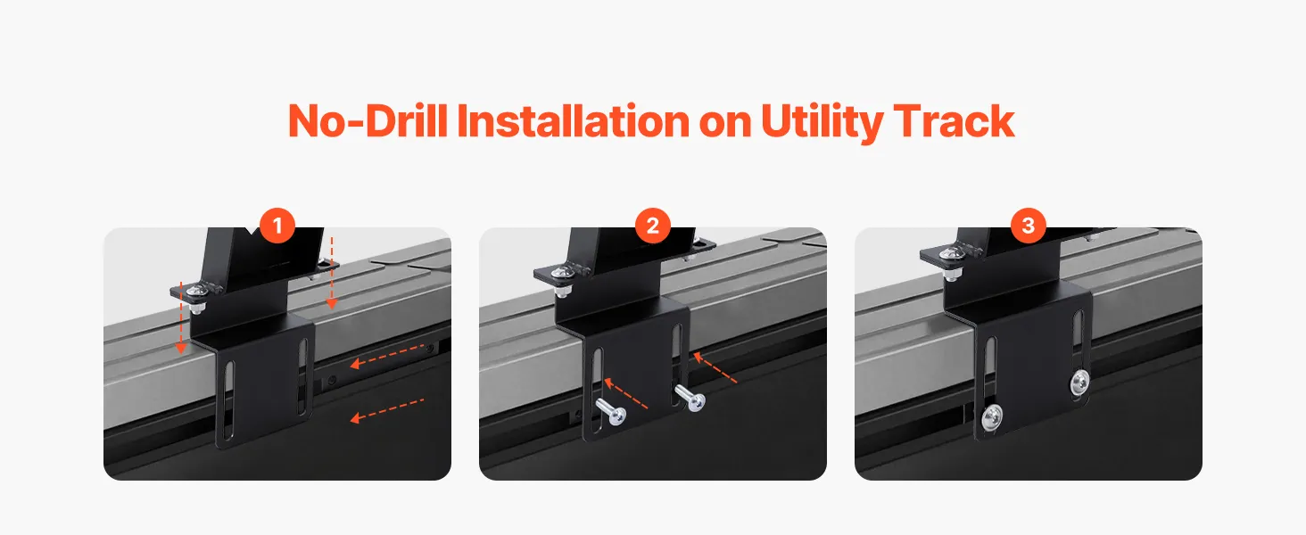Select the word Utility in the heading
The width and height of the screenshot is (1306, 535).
822,122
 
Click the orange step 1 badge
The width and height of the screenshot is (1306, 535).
277,225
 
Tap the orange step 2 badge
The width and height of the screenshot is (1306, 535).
653,225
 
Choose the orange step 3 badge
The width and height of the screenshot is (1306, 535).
1029,225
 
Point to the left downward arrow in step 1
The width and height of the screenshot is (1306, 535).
181,317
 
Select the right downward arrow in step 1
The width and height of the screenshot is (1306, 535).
332,273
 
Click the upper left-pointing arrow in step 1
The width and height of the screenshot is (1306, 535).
386,356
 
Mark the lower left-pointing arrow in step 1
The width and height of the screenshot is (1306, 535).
386,409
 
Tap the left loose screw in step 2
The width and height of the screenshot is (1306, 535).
611,411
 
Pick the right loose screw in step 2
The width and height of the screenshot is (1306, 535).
690,398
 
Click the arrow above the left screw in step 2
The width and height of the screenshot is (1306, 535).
625,393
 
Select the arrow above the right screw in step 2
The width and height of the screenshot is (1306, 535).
715,367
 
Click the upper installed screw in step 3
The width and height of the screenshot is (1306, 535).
1079,383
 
